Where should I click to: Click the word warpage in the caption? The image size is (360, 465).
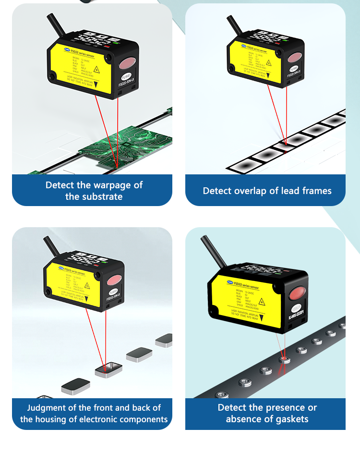[x=110, y=185]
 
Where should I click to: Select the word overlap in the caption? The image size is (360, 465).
[x=251, y=191]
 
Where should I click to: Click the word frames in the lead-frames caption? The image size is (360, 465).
[x=317, y=191]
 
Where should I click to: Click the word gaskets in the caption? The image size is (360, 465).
[x=287, y=419]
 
